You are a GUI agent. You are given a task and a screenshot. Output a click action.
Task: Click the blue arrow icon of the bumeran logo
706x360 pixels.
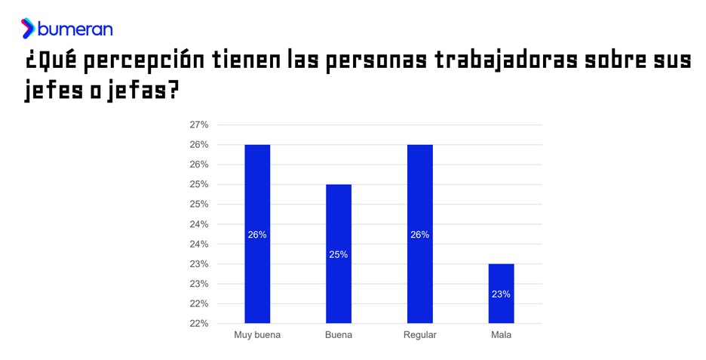tap(28, 29)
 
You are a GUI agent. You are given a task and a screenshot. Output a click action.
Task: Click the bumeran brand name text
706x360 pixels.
tap(75, 29)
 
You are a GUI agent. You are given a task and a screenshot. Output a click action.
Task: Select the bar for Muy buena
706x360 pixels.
tap(257, 233)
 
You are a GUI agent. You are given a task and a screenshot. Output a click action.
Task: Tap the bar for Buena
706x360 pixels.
tap(339, 254)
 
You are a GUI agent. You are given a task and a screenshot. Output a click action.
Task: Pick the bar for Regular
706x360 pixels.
tap(420, 233)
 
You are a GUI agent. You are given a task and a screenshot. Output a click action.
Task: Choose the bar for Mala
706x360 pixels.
tap(501, 293)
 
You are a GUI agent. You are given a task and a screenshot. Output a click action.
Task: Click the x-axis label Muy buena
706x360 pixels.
tap(257, 335)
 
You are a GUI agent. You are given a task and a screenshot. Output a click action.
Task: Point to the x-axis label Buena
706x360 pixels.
tap(339, 335)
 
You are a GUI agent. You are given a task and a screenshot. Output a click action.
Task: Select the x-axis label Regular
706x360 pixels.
tap(420, 335)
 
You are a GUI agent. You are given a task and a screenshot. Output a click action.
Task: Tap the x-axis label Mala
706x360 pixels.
tap(501, 335)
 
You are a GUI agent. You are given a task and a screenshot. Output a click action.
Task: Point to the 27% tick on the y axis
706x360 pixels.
tap(198, 125)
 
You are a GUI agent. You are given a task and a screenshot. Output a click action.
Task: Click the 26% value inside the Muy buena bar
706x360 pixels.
tap(257, 235)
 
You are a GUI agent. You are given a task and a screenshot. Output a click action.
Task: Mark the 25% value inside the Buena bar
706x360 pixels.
tap(339, 254)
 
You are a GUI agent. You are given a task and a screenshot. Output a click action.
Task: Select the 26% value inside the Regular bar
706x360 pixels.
tap(420, 235)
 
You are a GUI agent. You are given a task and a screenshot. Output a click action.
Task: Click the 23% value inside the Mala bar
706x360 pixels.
tap(501, 294)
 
